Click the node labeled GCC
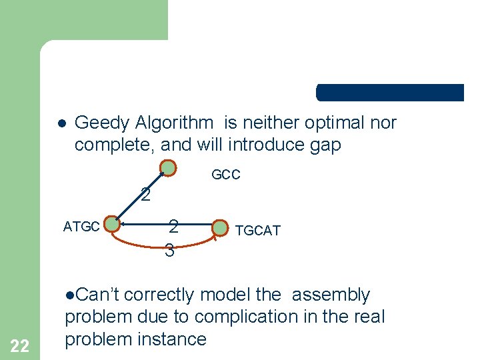pos(169,168)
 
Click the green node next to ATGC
pos(113,225)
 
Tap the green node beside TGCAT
pos(220,229)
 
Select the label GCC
pos(226,175)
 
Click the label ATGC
pos(81,227)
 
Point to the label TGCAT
pos(257,231)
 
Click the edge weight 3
pos(169,251)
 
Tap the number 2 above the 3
pos(173,227)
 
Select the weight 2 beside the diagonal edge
pos(145,195)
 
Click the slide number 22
pos(20,345)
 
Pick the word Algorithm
pos(175,123)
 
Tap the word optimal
pos(331,123)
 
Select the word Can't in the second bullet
pos(97,295)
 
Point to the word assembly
pos(331,295)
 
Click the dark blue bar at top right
pos(390,93)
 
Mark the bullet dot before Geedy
pos(60,124)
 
